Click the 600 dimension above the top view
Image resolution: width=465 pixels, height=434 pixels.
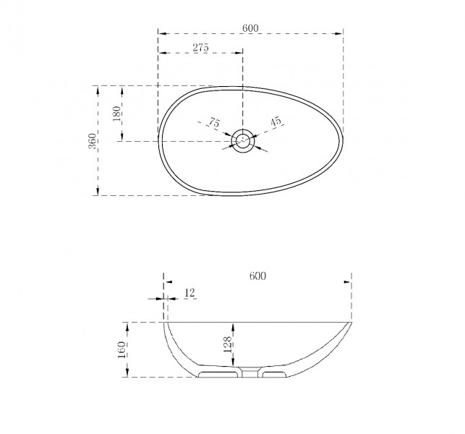(x=250, y=28)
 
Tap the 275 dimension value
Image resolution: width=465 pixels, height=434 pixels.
(x=201, y=48)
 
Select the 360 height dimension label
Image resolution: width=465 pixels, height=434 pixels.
(x=93, y=141)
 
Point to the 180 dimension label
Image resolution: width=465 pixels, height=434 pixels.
(x=117, y=114)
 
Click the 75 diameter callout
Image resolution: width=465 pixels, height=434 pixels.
(x=214, y=122)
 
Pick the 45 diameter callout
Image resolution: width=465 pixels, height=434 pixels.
(x=276, y=122)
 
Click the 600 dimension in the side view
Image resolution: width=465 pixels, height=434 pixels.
(x=257, y=276)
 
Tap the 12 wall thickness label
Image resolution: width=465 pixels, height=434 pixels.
(x=189, y=293)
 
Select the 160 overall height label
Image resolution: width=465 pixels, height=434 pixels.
(x=122, y=350)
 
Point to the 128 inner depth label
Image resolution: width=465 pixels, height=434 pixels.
(x=227, y=344)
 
